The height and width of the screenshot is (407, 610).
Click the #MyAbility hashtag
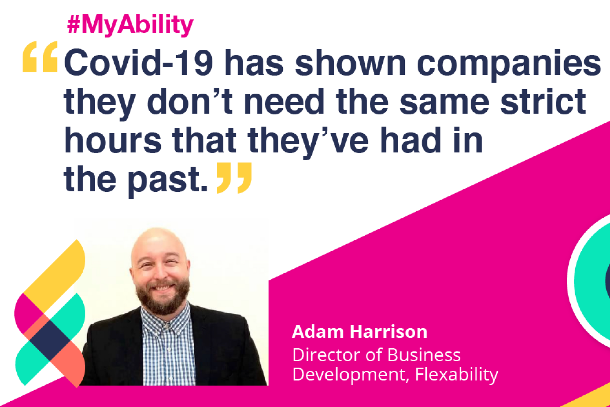(130, 24)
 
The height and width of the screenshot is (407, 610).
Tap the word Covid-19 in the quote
(138, 63)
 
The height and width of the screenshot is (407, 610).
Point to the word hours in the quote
(113, 140)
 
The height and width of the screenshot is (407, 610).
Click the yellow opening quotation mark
(40, 57)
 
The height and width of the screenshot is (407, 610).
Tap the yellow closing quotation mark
(234, 178)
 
